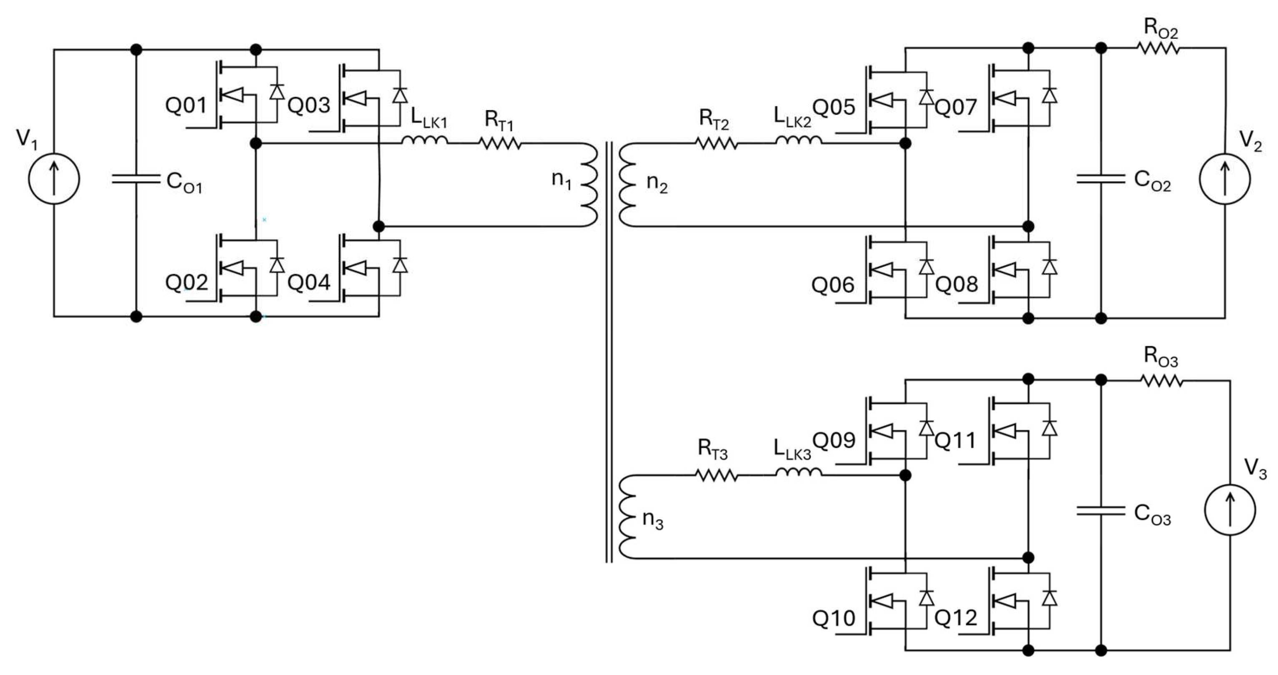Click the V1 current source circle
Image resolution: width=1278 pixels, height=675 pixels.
(54, 179)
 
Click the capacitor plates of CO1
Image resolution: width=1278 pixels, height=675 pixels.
(136, 179)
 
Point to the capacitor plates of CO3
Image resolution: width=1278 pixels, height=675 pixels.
(1100, 511)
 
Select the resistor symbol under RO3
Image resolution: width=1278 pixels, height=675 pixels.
(1161, 381)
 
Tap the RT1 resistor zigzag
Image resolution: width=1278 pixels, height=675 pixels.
(500, 143)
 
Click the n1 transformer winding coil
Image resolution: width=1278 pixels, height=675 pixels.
(589, 185)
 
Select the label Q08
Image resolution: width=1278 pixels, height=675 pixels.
(957, 284)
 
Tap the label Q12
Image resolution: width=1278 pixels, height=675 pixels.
(955, 617)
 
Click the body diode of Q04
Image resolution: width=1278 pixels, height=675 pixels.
(400, 265)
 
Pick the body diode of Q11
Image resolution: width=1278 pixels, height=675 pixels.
(1049, 428)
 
